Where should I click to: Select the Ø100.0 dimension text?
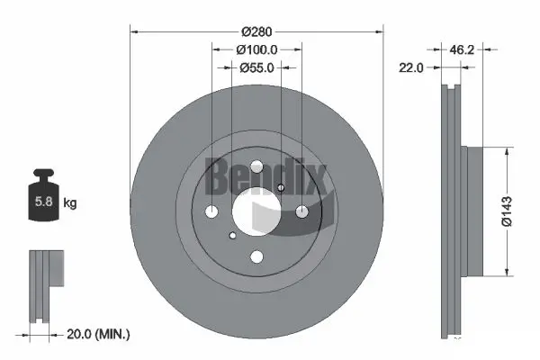[256, 50]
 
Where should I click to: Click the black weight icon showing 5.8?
[42, 201]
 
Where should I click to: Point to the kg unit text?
[70, 203]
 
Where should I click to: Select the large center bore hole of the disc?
[256, 212]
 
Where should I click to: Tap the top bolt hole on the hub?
[256, 168]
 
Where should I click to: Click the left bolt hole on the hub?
[212, 212]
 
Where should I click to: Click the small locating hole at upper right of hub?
[281, 187]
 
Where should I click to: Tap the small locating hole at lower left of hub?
[232, 236]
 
